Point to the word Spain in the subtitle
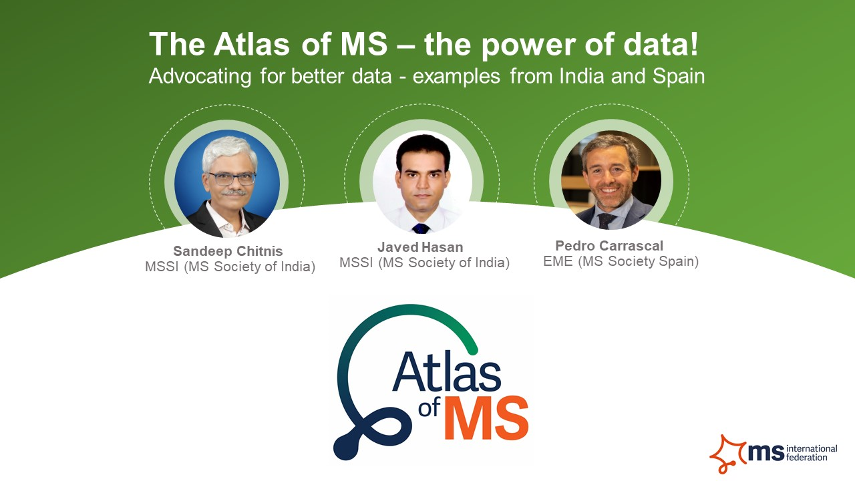coord(678,76)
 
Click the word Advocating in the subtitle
coord(199,76)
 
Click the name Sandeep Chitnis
coord(228,251)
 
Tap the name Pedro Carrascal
coord(609,246)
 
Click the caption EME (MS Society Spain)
coord(621,261)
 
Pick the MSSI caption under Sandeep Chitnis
coord(230,267)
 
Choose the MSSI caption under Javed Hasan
coord(424,263)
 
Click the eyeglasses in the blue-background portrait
coord(231,179)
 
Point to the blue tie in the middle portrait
coord(421,228)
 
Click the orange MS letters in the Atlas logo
coord(486,418)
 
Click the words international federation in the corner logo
coord(812,452)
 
